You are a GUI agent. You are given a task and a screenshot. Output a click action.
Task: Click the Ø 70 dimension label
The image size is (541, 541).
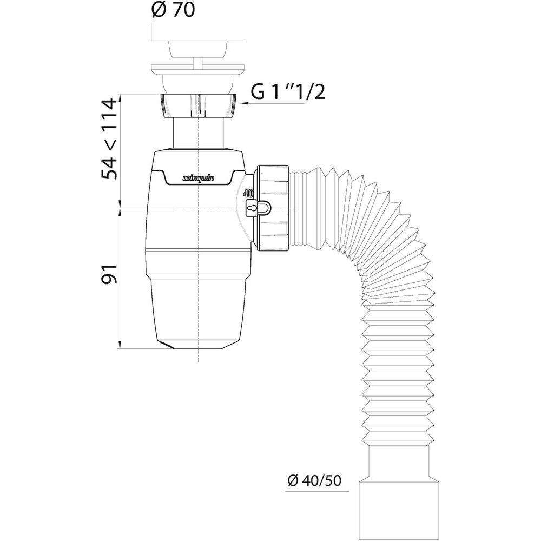click(173, 11)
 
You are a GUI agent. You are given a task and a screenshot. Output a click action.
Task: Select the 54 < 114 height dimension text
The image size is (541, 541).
click(109, 138)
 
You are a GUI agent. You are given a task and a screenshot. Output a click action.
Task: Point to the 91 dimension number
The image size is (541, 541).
click(109, 274)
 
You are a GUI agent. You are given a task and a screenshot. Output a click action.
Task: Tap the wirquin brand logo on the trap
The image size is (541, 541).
click(198, 178)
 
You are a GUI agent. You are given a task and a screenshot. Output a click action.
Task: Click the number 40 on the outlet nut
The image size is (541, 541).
click(248, 193)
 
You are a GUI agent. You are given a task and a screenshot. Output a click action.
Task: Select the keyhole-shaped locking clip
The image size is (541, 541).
click(258, 208)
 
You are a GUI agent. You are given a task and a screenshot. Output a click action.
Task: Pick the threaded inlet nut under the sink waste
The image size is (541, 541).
click(198, 105)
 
